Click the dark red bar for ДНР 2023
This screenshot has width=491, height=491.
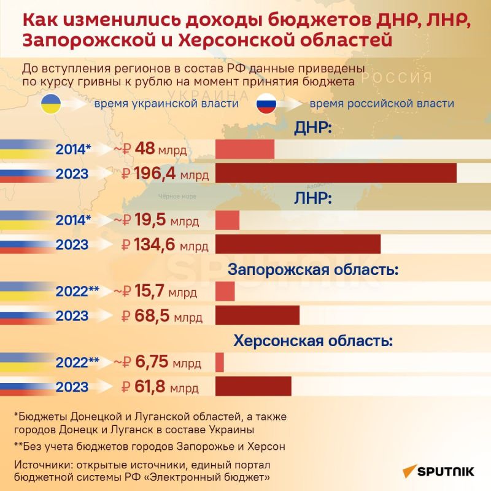click(336, 173)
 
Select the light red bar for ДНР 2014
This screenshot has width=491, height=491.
click(245, 149)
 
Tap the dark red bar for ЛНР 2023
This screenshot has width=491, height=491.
click(298, 244)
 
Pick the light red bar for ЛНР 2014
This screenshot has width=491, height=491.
click(227, 220)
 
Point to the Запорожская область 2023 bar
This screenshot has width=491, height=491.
click(257, 315)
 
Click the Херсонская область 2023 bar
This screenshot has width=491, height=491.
click(253, 387)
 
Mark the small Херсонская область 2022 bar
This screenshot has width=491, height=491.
click(220, 362)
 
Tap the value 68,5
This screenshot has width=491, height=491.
click(151, 316)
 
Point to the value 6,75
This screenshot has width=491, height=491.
click(151, 362)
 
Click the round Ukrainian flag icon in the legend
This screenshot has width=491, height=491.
click(51, 103)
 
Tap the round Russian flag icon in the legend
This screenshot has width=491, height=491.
click(266, 103)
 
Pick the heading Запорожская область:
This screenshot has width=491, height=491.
click(314, 269)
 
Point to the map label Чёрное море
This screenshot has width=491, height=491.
click(177, 196)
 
